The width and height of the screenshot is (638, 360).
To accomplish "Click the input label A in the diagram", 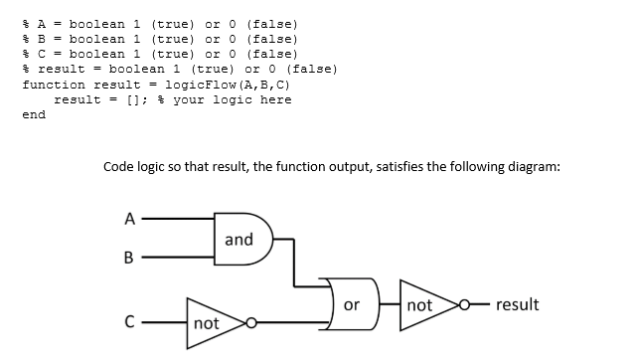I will point(128,221).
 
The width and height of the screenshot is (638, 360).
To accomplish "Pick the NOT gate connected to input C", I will point(213,322).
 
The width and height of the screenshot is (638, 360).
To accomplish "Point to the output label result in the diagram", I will point(517,304).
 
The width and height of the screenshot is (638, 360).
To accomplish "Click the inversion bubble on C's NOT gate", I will point(253,322).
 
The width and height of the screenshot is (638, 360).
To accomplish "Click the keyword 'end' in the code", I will point(34,114).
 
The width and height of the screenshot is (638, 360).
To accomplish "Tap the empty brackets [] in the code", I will point(132,99).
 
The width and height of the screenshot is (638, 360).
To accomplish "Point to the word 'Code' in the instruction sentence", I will point(119,167).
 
